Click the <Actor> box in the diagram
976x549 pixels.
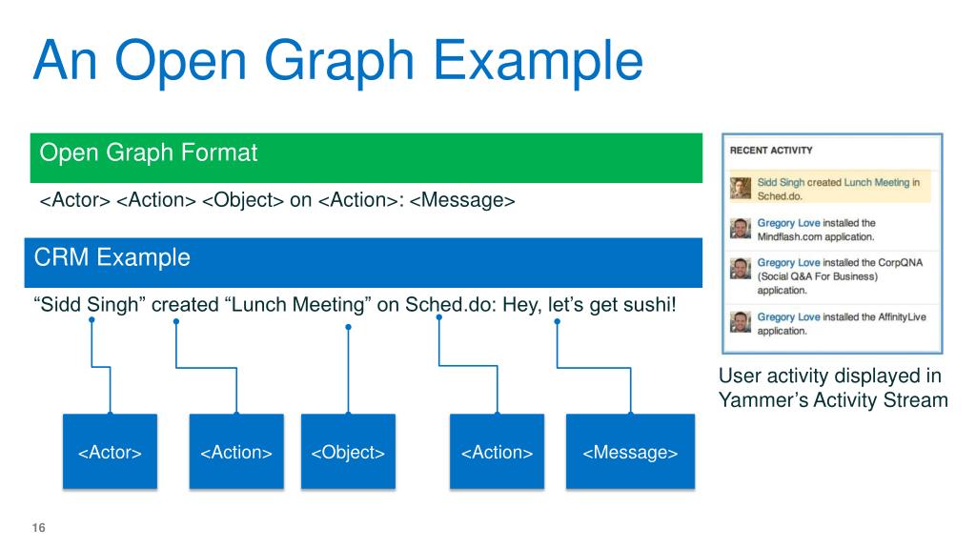pyautogui.click(x=110, y=452)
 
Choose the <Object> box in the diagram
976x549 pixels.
pyautogui.click(x=348, y=452)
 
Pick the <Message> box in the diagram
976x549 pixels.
pyautogui.click(x=630, y=452)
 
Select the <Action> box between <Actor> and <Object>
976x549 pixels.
pyautogui.click(x=236, y=452)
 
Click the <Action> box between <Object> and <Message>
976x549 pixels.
pyautogui.click(x=497, y=452)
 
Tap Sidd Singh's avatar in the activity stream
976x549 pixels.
pyautogui.click(x=741, y=188)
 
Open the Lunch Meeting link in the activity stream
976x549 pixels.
pyautogui.click(x=877, y=182)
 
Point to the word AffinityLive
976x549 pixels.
pyautogui.click(x=903, y=317)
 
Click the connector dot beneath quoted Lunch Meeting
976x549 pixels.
pyautogui.click(x=348, y=327)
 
